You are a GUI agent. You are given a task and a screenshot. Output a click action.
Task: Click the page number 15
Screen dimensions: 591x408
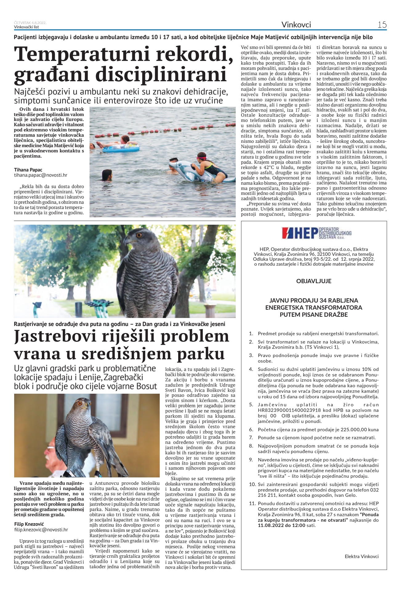tap(382, 25)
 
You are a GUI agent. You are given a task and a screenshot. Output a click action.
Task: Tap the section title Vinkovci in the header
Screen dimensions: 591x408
tap(296, 25)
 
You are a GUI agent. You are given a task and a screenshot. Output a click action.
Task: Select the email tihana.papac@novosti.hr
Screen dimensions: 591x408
tap(41, 175)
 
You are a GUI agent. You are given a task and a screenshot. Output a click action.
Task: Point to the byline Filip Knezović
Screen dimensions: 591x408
tap(30, 524)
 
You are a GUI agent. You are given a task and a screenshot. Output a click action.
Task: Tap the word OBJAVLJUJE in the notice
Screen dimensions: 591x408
tap(314, 281)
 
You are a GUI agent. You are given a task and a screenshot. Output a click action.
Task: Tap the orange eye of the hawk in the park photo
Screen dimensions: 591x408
tap(138, 235)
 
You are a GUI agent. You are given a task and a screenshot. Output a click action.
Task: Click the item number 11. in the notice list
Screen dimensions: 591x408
tap(252, 504)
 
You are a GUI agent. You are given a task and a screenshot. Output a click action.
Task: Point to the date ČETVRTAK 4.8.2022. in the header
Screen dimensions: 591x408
tap(30, 23)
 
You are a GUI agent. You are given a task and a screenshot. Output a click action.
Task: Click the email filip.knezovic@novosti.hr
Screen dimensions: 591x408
tap(41, 530)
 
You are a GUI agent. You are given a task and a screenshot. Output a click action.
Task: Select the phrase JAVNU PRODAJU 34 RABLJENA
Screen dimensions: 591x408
tap(314, 300)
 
